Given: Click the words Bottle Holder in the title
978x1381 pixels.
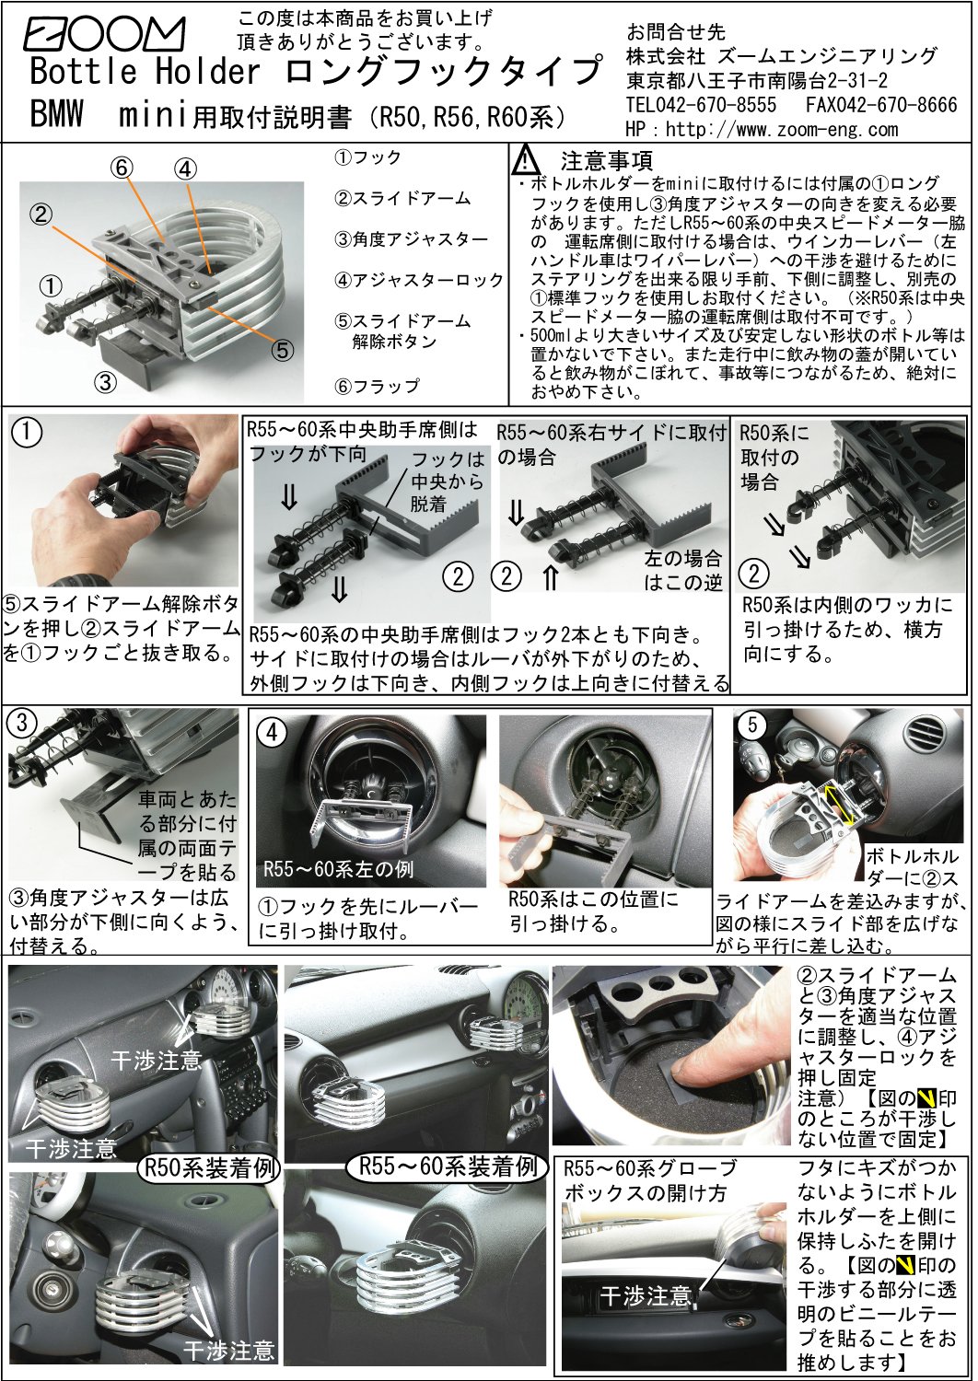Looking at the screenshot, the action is coord(146,71).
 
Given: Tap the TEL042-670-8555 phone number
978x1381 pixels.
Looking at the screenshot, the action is coord(701,104).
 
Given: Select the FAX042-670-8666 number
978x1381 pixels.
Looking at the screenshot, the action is coord(881,104).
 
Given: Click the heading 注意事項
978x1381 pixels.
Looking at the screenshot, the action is coord(606,161).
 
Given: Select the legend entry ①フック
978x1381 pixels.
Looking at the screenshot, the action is coord(367,157).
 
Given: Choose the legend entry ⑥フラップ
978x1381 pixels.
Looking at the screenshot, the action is coord(377,387).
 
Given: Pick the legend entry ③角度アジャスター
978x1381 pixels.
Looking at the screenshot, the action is coord(411,239).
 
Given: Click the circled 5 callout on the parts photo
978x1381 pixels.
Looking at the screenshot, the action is coord(282,350).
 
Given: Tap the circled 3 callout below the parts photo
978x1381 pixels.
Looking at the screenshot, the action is coord(106,383).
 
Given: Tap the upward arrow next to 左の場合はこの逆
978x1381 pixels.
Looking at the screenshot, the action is coord(551,579).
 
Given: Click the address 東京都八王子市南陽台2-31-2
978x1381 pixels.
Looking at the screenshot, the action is coord(757,80).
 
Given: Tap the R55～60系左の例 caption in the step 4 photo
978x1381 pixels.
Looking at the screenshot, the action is coord(338,870).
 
